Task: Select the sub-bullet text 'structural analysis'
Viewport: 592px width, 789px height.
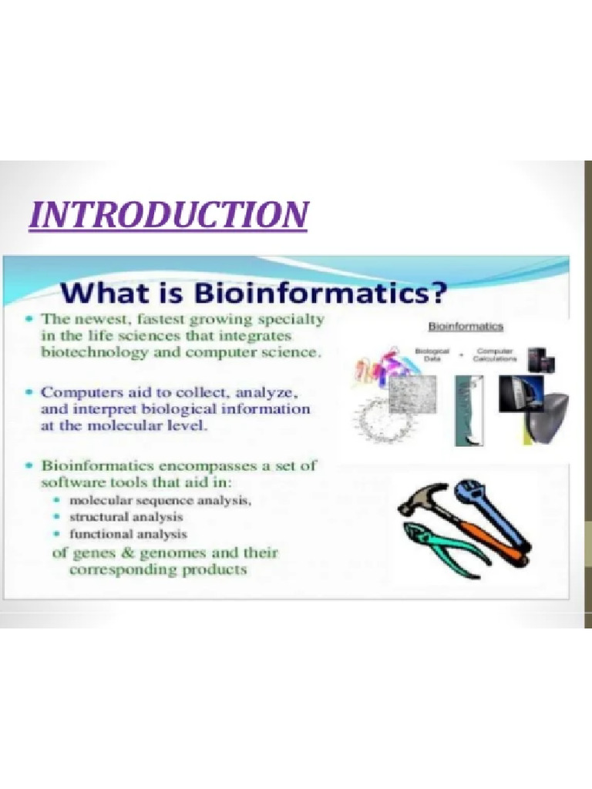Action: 126,515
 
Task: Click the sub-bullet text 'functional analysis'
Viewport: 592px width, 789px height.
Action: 128,533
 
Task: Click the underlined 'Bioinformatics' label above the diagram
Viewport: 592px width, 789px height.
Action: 466,326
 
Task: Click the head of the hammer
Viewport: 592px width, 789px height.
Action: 422,499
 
